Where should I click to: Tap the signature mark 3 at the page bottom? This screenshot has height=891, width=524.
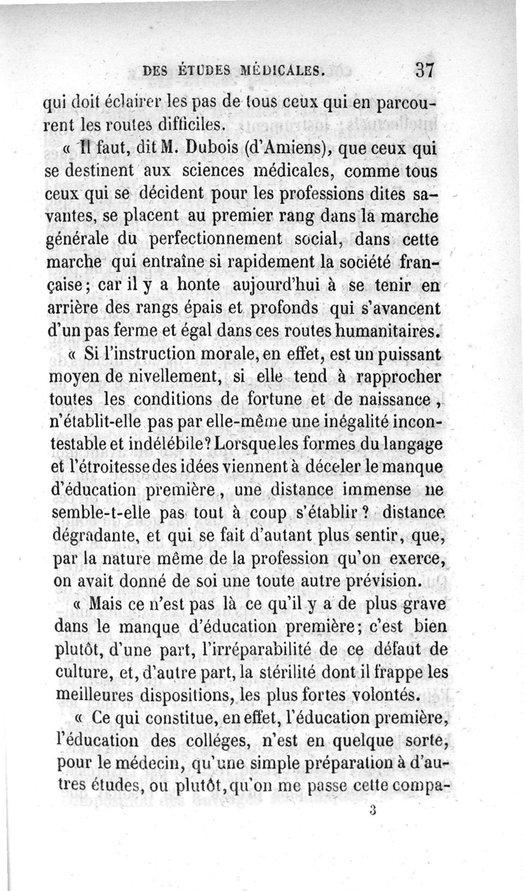coord(371,810)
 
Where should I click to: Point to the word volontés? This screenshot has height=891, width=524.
coord(390,694)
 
